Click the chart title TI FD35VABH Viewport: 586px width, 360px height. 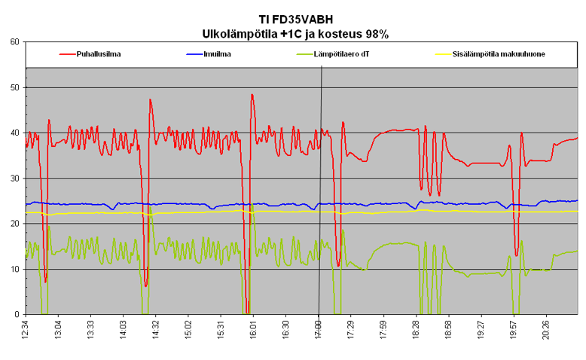(x=291, y=19)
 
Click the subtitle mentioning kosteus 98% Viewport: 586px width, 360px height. (x=291, y=33)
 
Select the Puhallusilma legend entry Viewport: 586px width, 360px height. (x=100, y=54)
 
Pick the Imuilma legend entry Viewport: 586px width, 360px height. (x=218, y=54)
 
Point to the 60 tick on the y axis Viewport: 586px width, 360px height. (x=14, y=42)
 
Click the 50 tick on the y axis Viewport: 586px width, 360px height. (x=14, y=87)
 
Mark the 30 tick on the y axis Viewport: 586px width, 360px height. (x=14, y=178)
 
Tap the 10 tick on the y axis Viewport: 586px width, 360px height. (x=14, y=269)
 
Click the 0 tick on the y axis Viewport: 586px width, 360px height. (x=17, y=314)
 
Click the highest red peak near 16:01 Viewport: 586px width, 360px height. (x=252, y=95)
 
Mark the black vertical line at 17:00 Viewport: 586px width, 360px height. (x=321, y=188)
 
